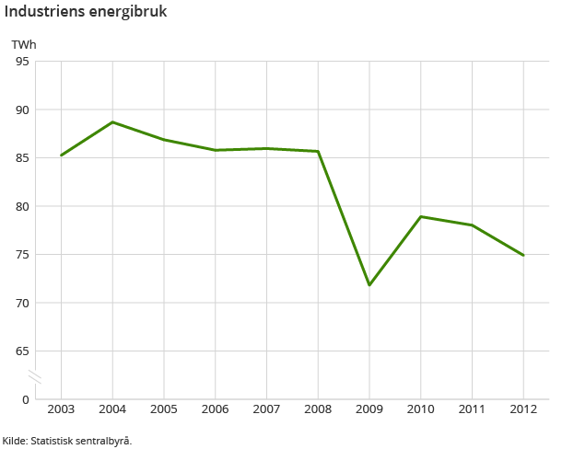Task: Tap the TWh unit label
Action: pos(23,44)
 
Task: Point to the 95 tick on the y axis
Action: pos(22,62)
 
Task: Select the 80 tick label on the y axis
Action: pos(22,206)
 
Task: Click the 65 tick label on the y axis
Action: pos(22,351)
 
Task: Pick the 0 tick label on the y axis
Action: pos(26,399)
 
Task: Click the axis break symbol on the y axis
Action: pos(35,376)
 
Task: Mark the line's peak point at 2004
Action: pos(112,121)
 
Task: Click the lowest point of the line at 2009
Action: pos(369,285)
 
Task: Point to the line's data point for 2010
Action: pos(421,216)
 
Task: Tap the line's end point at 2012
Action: pos(523,255)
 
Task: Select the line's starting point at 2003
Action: pos(61,155)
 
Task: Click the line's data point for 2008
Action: pos(318,151)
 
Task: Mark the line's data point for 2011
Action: pos(472,225)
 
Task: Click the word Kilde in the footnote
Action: pos(14,441)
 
